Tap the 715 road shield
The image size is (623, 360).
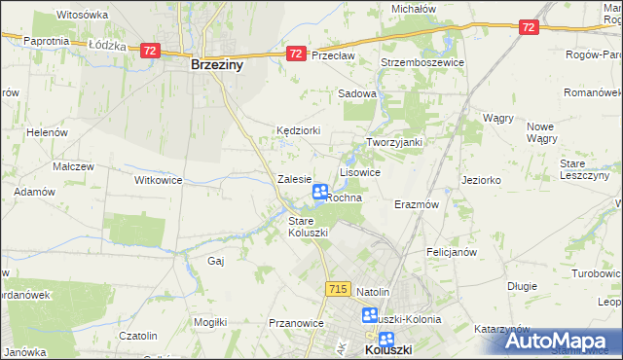click(338, 289)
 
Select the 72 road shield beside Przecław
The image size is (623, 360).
click(296, 55)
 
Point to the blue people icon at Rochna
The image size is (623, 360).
click(320, 193)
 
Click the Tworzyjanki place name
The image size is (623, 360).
click(393, 142)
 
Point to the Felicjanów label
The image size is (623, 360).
click(450, 252)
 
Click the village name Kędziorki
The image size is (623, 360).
click(298, 129)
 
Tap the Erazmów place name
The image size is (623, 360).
click(417, 205)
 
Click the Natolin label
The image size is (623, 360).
click(373, 292)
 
